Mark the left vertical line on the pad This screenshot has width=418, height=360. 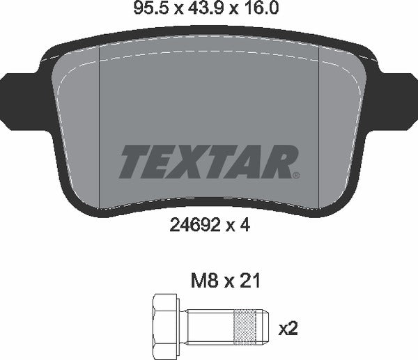101,125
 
